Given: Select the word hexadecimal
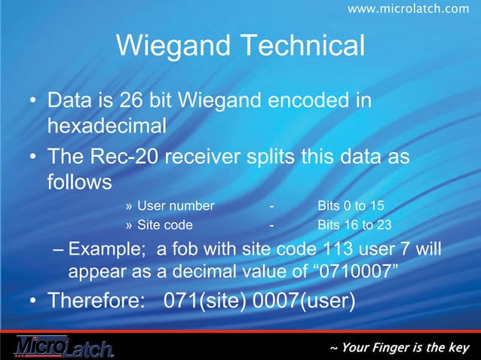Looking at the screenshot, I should click(106, 123).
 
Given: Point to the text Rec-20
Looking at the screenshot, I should click(129, 159).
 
